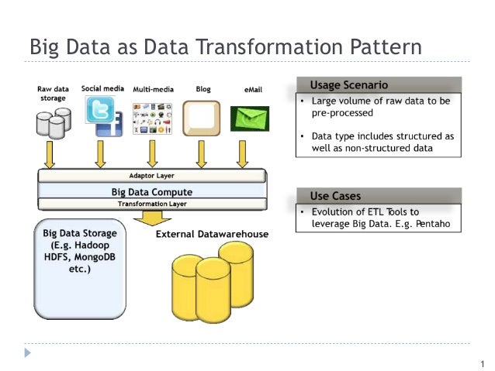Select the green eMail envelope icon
[x=249, y=119]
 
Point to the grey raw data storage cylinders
[x=53, y=121]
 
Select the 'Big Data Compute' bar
[x=151, y=191]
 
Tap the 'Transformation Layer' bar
[x=151, y=204]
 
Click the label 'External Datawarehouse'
[x=212, y=234]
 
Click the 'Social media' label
[x=102, y=89]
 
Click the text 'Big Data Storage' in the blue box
[x=80, y=232]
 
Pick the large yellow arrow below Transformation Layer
[x=152, y=218]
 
